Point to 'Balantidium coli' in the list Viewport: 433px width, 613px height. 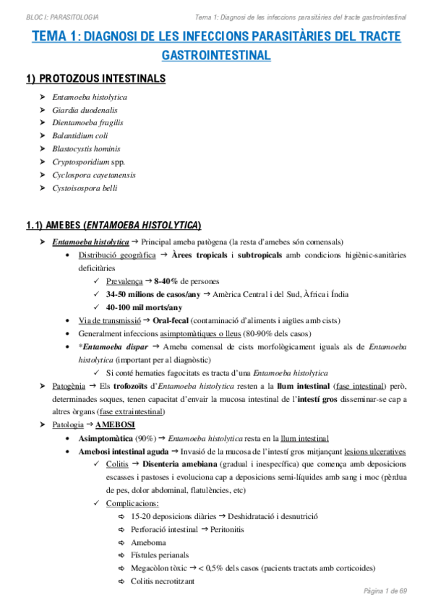[x=80, y=136]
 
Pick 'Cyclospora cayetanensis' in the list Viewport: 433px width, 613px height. [x=94, y=175]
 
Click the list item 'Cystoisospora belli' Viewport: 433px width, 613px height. [x=85, y=188]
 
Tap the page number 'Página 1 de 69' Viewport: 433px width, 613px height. [x=385, y=591]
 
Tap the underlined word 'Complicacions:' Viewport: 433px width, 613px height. [x=132, y=503]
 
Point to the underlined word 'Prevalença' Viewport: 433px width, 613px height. [x=124, y=280]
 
